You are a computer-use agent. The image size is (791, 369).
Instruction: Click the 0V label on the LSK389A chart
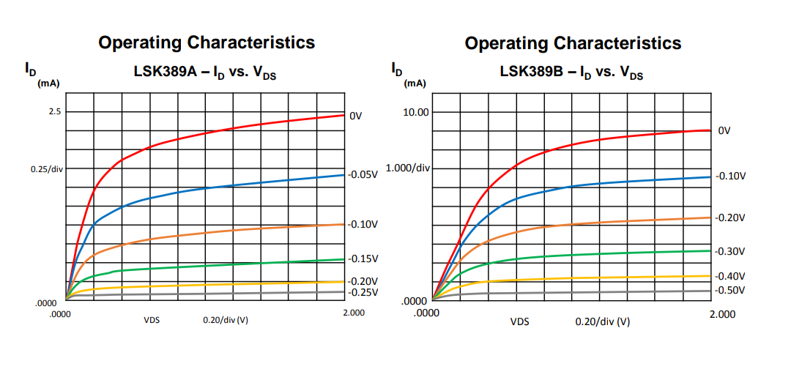pyautogui.click(x=356, y=116)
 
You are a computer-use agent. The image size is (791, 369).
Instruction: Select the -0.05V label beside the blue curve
pyautogui.click(x=363, y=175)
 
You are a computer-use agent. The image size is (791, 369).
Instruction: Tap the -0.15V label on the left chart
pyautogui.click(x=363, y=258)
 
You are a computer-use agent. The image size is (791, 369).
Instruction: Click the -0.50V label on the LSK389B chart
pyautogui.click(x=730, y=290)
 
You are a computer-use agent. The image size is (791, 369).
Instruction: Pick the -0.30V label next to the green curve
pyautogui.click(x=730, y=251)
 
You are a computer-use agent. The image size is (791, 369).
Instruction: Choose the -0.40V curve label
pyautogui.click(x=730, y=276)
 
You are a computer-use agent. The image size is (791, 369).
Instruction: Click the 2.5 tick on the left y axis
pyautogui.click(x=55, y=111)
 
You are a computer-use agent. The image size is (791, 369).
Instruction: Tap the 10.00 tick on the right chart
pyautogui.click(x=415, y=111)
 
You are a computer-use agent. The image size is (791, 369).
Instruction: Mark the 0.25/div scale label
pyautogui.click(x=47, y=169)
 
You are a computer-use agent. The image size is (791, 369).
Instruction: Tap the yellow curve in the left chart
pyautogui.click(x=220, y=284)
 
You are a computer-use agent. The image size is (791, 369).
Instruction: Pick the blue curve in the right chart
pyautogui.click(x=586, y=184)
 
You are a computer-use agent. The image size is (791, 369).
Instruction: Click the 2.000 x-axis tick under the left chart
pyautogui.click(x=354, y=313)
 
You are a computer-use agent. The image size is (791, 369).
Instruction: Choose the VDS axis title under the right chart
pyautogui.click(x=520, y=321)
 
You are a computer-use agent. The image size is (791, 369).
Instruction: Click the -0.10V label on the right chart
pyautogui.click(x=730, y=176)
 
